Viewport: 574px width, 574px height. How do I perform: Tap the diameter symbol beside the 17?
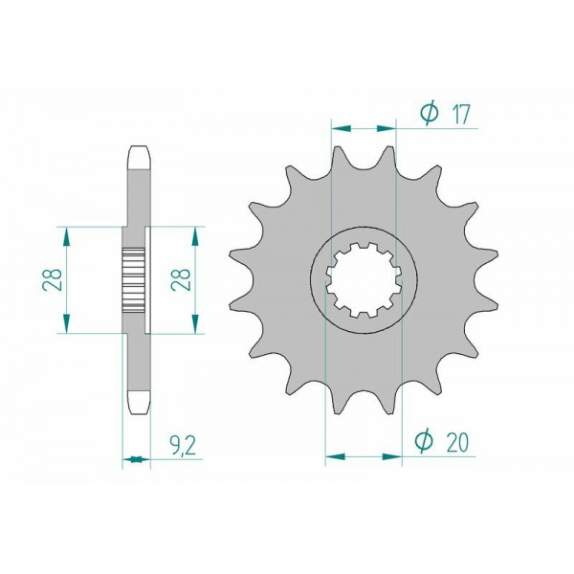click(428, 114)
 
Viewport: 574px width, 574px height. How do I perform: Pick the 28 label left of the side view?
click(55, 279)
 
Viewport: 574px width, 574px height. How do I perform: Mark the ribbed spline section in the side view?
click(133, 279)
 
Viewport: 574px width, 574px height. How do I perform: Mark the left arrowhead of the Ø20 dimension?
click(332, 456)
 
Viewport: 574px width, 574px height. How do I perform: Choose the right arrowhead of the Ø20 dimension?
click(394, 456)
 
